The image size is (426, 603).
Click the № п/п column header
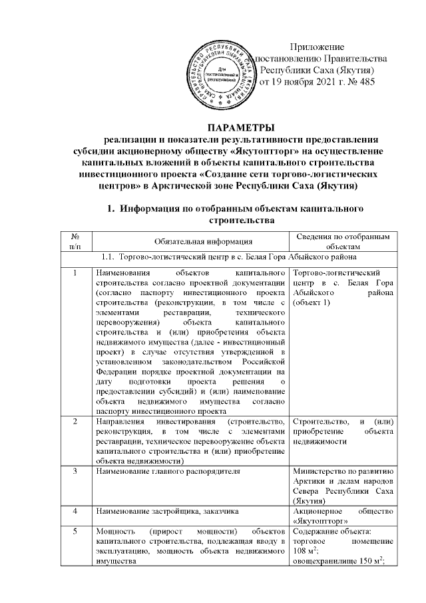click(76, 241)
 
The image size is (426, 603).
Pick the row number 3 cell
click(76, 472)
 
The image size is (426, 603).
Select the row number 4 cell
click(76, 511)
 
